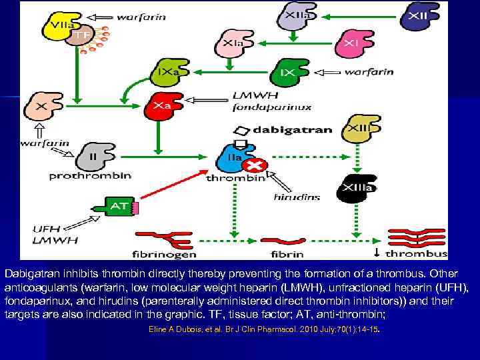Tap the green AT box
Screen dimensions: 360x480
pos(120,207)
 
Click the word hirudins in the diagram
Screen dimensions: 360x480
pos(297,197)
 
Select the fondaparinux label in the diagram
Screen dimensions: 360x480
pos(271,107)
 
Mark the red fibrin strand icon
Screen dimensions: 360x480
pos(280,241)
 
